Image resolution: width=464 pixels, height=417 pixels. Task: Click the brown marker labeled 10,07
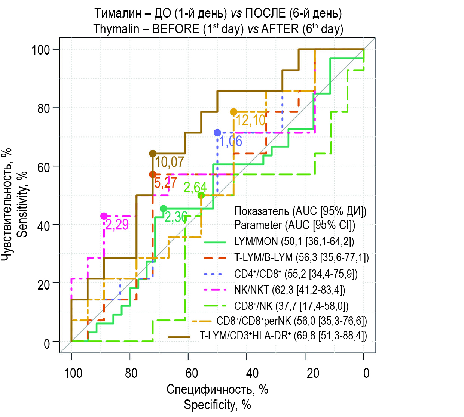click(153, 154)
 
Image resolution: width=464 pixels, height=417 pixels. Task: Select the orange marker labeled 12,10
click(233, 112)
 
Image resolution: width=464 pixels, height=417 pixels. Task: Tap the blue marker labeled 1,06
click(217, 133)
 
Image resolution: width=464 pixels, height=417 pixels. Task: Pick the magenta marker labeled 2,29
click(104, 216)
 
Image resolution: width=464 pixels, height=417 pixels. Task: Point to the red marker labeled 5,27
click(153, 174)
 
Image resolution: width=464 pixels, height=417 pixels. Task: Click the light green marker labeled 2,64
click(201, 195)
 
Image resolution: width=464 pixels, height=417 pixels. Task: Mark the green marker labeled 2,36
click(163, 208)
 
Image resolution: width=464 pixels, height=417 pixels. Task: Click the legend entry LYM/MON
click(256, 241)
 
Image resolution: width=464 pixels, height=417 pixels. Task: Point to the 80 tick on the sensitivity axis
click(43, 108)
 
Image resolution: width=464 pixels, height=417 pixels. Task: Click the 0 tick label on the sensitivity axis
click(46, 343)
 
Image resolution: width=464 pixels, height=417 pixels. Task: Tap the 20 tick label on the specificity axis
click(313, 373)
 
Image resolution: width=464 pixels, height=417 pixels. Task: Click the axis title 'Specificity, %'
click(217, 405)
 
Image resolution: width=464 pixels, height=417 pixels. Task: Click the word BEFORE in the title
click(175, 29)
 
